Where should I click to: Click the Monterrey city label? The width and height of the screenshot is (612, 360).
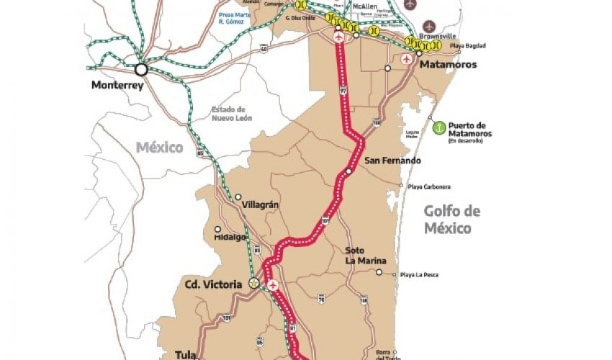[x=118, y=85]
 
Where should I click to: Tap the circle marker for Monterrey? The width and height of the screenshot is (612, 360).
[x=141, y=70]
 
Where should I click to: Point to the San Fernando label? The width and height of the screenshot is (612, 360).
[x=392, y=161]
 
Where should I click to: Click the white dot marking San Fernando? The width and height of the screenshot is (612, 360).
[x=348, y=171]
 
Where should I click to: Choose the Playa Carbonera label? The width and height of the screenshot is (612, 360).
[x=430, y=187]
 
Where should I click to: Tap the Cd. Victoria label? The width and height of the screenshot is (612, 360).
[x=213, y=284]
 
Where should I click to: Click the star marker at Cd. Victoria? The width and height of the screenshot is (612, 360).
[x=253, y=284]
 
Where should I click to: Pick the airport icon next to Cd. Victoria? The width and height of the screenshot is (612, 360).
[x=273, y=286]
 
